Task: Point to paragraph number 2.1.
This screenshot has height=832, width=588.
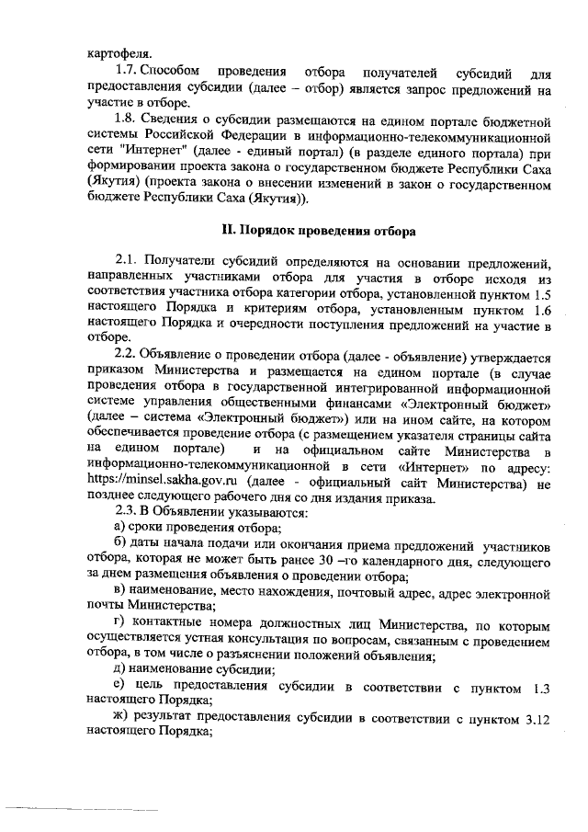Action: coord(129,262)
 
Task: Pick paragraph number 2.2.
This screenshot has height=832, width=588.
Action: coord(129,358)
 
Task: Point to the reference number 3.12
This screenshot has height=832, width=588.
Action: coord(535,718)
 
